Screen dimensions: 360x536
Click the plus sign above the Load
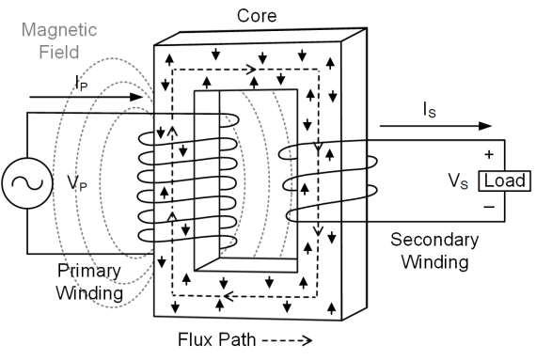(487, 153)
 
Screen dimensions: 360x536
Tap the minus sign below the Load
(487, 204)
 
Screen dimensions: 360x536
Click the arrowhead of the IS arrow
(485, 125)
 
